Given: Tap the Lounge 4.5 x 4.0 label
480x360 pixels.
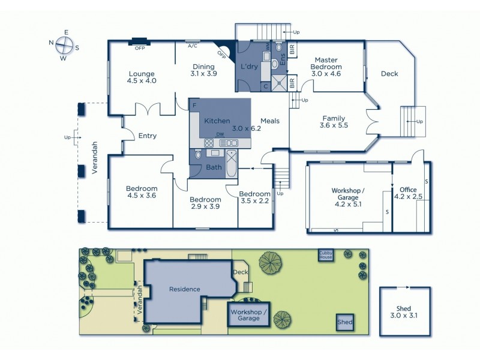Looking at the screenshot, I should (142, 77).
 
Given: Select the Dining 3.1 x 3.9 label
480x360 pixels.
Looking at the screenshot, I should (203, 70).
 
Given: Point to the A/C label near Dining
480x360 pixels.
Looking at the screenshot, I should (193, 46).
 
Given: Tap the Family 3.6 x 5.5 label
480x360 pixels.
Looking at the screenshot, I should (334, 122).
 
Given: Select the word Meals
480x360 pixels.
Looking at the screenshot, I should (270, 121).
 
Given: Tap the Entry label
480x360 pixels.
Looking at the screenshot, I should (147, 136).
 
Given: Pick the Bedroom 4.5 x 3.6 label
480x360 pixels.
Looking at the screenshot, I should (142, 192).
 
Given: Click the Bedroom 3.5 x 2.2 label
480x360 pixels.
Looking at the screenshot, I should (254, 197).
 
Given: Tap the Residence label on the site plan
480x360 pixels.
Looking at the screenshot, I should (184, 289).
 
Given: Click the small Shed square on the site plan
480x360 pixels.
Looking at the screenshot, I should (344, 322).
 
